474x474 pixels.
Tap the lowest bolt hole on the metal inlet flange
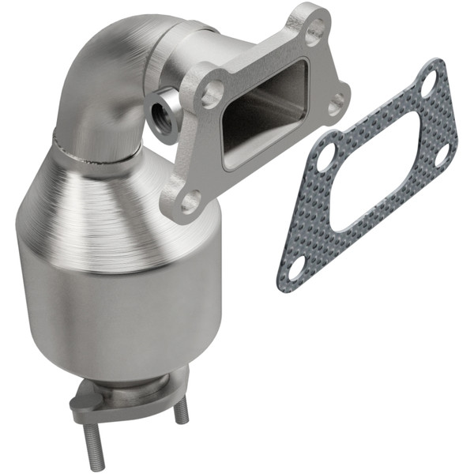(x=190, y=201)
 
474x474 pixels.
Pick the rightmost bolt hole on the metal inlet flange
(x=337, y=100)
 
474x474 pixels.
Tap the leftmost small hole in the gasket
(x=324, y=156)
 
